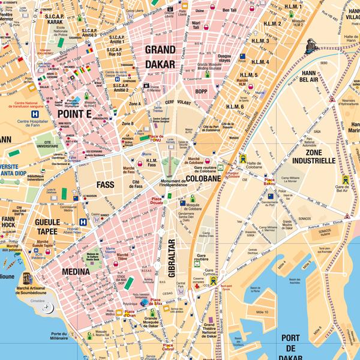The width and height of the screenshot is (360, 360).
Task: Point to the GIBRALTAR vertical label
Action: click(x=170, y=259)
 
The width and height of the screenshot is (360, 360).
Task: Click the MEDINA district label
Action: click(x=76, y=272)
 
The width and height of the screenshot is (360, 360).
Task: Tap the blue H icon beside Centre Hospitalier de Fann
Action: click(x=37, y=113)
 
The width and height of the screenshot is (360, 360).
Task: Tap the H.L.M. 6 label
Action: click(x=235, y=107)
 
